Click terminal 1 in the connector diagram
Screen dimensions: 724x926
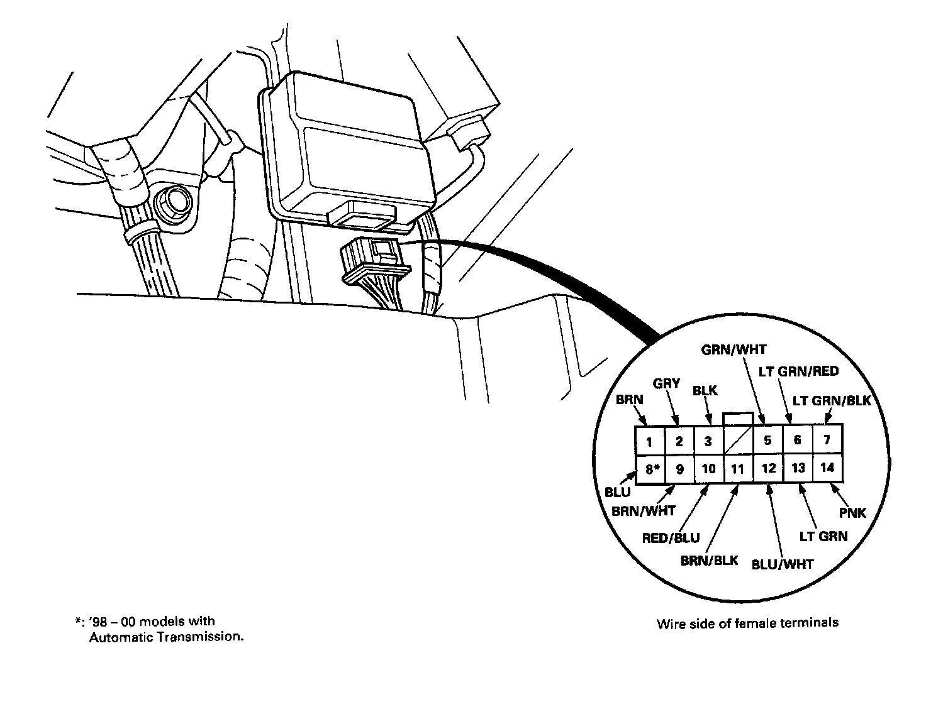tap(649, 441)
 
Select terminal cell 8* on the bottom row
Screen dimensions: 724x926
tap(649, 469)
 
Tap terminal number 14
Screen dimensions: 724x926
tap(827, 468)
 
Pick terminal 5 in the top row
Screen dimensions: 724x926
tap(767, 441)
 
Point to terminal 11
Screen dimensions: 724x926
tap(738, 469)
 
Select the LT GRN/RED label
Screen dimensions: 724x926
tap(798, 371)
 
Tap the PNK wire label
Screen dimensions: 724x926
tap(852, 513)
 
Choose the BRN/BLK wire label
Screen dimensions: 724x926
tap(709, 560)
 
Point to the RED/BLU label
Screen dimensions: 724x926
tap(671, 538)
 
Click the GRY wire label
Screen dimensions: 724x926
tap(666, 383)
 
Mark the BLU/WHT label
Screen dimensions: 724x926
tap(783, 564)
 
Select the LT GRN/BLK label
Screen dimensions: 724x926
tap(831, 400)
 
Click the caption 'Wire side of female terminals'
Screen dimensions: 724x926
tap(747, 623)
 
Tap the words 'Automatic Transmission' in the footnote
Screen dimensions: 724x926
tap(165, 637)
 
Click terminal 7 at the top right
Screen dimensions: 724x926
tap(827, 440)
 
